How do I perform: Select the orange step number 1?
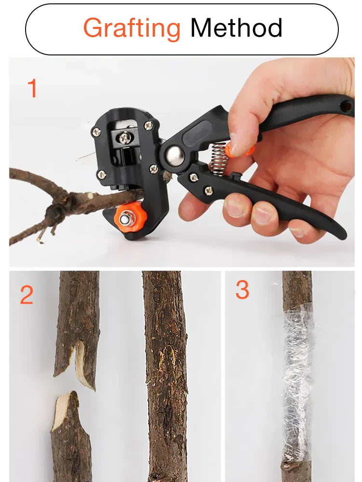[32, 89]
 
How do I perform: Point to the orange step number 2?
[27, 295]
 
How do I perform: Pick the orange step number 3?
[242, 290]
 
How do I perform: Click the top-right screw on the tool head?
[149, 125]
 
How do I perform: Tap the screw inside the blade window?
[125, 138]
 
